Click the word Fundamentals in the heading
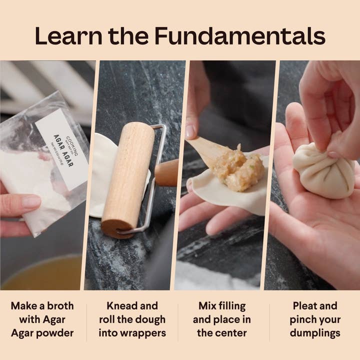click(239, 36)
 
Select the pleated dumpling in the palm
click(323, 170)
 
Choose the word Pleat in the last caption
click(305, 305)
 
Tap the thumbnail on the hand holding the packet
click(31, 201)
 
